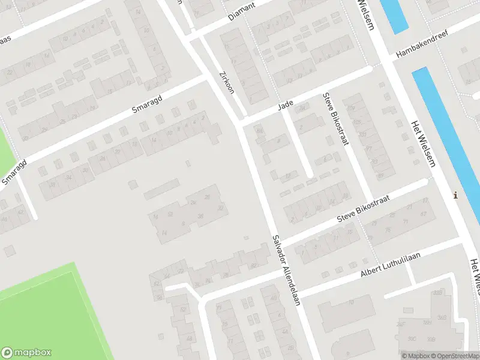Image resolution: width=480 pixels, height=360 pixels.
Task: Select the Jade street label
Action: (x=285, y=106)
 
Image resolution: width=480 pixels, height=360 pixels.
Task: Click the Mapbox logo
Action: (x=26, y=353)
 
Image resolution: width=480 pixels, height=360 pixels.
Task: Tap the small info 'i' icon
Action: (x=455, y=195)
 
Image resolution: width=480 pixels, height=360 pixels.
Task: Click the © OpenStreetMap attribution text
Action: (x=452, y=356)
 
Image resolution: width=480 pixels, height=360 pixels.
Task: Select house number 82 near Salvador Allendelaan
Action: (x=254, y=265)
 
